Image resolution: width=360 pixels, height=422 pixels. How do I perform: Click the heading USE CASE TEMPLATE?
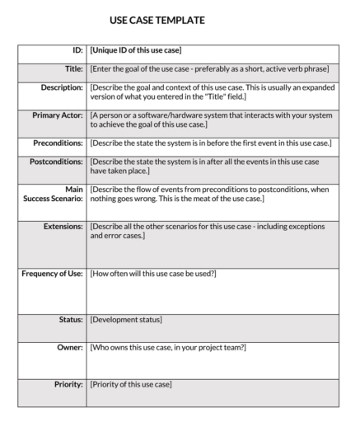[x=157, y=20]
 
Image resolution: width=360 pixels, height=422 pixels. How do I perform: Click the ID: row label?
[x=77, y=51]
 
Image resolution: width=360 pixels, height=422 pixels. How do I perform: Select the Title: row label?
[x=73, y=68]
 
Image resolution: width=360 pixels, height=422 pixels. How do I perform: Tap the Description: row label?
[x=62, y=87]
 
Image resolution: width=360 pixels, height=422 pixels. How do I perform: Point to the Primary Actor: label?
[x=58, y=115]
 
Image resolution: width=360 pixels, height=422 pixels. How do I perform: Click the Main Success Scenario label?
[x=54, y=195]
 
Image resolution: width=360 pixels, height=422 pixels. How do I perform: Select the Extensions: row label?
[x=63, y=226]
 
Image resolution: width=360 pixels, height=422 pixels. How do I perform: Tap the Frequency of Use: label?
[x=52, y=273]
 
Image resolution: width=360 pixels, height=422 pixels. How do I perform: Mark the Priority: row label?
[x=68, y=384]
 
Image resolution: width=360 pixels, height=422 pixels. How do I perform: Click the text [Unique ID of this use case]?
[x=135, y=51]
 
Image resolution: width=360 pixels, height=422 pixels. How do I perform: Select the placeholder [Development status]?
[x=126, y=319]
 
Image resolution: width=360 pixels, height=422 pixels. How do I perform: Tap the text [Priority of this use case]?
[x=130, y=384]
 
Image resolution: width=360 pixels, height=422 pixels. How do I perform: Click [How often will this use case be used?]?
[x=153, y=273]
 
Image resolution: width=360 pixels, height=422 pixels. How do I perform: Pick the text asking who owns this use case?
[x=167, y=348]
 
